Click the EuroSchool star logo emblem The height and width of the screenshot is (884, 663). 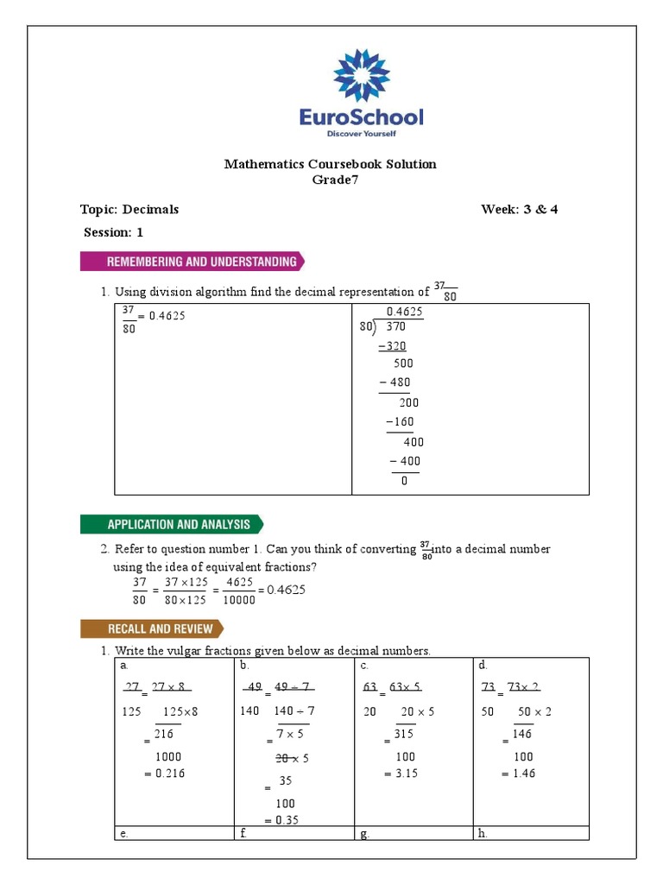click(x=361, y=75)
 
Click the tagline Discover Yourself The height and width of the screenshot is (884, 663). click(x=361, y=134)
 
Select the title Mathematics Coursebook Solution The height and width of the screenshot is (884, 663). click(x=331, y=164)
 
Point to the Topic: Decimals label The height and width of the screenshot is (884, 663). click(x=129, y=209)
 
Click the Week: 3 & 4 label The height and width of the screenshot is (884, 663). click(x=519, y=209)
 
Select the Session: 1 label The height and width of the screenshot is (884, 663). click(x=113, y=232)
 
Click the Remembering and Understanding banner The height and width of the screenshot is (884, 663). click(x=192, y=262)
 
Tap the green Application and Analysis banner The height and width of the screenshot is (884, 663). click(x=172, y=524)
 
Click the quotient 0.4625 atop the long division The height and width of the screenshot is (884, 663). click(x=404, y=312)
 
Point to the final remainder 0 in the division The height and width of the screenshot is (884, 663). click(x=404, y=481)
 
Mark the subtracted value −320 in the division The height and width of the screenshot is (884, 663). click(x=392, y=345)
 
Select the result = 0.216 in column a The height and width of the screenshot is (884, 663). click(x=165, y=773)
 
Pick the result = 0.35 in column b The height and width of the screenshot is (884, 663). click(x=281, y=820)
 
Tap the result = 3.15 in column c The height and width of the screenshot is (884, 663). click(x=401, y=773)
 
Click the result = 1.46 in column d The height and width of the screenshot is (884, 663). click(x=518, y=773)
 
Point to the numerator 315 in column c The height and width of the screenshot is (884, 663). click(x=403, y=734)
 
